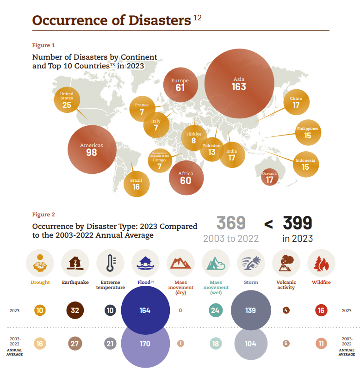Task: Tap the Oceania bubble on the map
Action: [x=269, y=177]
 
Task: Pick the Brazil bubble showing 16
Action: [x=137, y=184]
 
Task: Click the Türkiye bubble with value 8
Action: [x=194, y=138]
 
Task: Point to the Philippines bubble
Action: [x=308, y=133]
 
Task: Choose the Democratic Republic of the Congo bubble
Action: [x=159, y=162]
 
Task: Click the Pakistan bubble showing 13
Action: [x=211, y=149]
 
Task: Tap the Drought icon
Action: [x=40, y=263]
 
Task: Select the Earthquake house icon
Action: [x=75, y=263]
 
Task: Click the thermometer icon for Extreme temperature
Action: [x=110, y=263]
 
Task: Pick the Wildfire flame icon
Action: [x=321, y=263]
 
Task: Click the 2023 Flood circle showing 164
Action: [x=145, y=310]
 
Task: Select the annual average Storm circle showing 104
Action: [x=250, y=344]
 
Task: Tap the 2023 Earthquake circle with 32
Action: [x=75, y=310]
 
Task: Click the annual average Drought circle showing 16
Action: [x=40, y=344]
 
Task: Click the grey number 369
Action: [x=231, y=223]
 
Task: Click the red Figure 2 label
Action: [x=43, y=215]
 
